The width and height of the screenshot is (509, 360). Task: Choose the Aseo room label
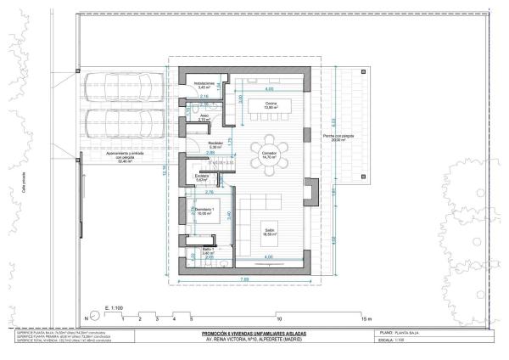pyautogui.click(x=204, y=118)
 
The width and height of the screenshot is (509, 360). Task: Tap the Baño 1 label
pyautogui.click(x=207, y=250)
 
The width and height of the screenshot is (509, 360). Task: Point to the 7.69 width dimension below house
pyautogui.click(x=244, y=278)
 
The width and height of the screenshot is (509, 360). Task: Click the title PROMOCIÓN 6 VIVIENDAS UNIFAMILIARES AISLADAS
pyautogui.click(x=255, y=334)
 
